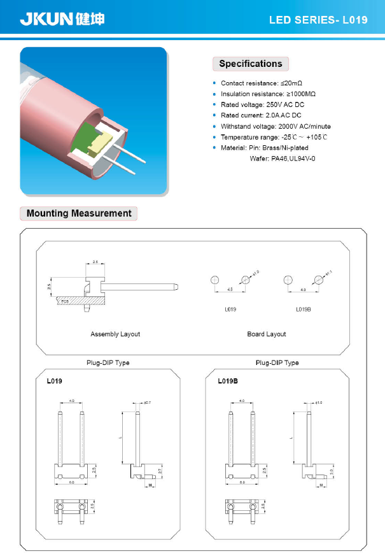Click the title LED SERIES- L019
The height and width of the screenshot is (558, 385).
pos(318,20)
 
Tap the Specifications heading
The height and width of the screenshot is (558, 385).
pos(250,64)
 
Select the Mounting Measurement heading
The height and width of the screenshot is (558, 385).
pos(79,213)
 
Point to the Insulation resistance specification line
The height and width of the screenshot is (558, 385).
pos(268,94)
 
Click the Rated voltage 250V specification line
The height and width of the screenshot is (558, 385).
pos(262,104)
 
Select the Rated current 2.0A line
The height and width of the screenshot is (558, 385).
pos(261,115)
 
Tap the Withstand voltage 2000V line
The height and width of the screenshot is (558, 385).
pos(276,126)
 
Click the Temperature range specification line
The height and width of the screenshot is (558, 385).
pos(274,137)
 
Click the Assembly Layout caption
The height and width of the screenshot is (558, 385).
pos(115,334)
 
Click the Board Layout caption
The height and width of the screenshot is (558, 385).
pos(267,334)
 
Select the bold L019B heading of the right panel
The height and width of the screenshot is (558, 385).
pos(227,381)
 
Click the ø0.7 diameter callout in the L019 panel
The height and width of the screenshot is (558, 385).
pos(147,403)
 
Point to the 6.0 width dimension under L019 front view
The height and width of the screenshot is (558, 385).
pos(71,483)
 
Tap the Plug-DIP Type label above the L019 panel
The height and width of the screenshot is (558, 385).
pos(108,362)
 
